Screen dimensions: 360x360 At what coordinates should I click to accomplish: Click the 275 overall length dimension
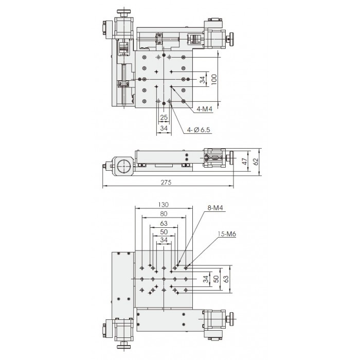point(166,182)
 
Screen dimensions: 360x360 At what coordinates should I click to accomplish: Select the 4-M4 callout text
point(204,109)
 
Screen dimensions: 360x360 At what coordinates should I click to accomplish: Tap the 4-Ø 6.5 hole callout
point(199,130)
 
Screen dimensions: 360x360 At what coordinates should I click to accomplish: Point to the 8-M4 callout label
point(215,208)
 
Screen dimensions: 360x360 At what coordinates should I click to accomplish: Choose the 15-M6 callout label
point(227,234)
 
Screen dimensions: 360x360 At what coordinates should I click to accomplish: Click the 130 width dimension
point(164,204)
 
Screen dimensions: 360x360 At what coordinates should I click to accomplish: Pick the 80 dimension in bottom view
point(164,214)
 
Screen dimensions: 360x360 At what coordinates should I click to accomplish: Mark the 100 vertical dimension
point(214,79)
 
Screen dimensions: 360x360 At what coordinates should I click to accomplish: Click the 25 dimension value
point(164,117)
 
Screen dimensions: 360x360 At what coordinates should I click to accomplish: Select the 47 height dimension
point(245,161)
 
